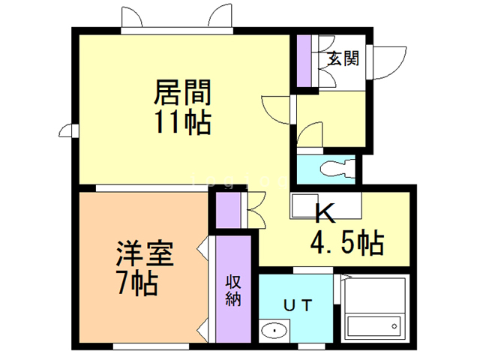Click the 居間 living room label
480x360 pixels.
(182, 93)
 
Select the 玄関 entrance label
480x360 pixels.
(342, 58)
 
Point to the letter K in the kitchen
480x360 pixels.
(324, 214)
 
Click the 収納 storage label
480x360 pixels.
(233, 289)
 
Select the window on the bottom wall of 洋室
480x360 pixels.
(146, 346)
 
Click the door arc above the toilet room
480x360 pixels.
(310, 136)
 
